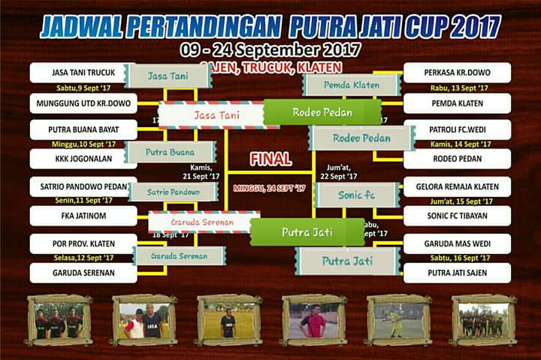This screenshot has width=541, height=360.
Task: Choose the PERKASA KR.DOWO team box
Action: click(457, 73)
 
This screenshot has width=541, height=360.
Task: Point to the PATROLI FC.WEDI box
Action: click(457, 130)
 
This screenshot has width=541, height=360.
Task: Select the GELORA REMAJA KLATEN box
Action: click(457, 187)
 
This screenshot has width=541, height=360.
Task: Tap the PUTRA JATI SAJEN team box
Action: click(457, 272)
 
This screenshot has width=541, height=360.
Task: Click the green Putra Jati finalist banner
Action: click(308, 232)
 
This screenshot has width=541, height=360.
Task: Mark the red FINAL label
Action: click(271, 159)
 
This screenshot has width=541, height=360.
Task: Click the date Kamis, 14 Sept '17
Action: click(460, 144)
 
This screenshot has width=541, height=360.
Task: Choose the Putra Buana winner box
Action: click(171, 152)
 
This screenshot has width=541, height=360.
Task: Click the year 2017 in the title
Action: click(470, 26)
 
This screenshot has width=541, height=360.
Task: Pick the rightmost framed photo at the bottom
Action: click(483, 319)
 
